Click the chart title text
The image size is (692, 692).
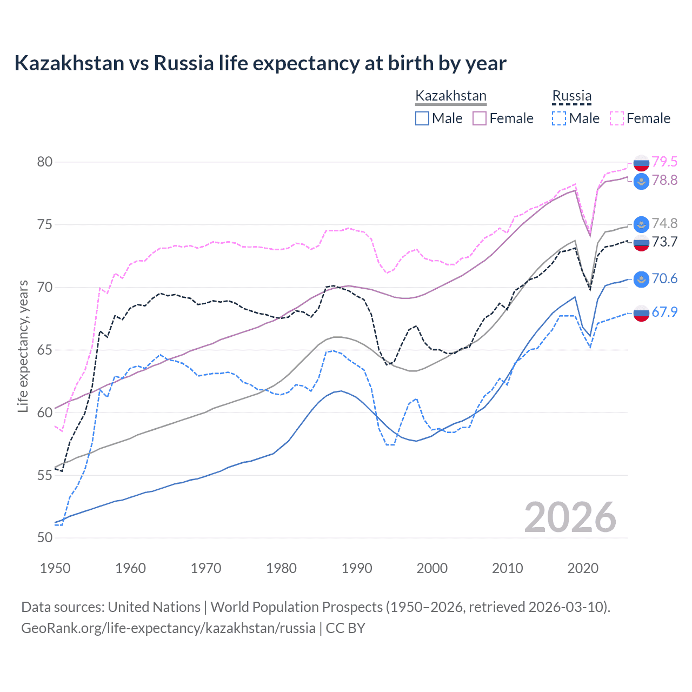[x=260, y=63]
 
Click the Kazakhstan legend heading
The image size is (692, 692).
[x=450, y=96]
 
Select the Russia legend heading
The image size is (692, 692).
[x=571, y=96]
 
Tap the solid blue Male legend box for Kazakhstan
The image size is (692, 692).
[x=422, y=118]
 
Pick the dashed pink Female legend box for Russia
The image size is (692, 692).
[x=617, y=118]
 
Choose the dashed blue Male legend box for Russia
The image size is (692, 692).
[x=559, y=118]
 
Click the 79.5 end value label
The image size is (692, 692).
[x=664, y=162]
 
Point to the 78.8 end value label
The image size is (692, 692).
[x=664, y=180]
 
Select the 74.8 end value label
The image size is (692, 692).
[x=664, y=223]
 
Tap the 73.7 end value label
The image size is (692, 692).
[x=664, y=242]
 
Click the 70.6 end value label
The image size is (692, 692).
[x=664, y=278]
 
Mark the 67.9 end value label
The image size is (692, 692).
[x=664, y=312]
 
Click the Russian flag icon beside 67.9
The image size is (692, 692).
[x=641, y=312]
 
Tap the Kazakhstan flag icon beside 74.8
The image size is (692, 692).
[x=641, y=224]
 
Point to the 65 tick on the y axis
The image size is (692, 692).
[x=45, y=350]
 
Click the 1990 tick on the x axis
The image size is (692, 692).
[x=357, y=568]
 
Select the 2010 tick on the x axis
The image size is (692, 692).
[x=507, y=568]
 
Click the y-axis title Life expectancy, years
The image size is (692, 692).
[x=23, y=346]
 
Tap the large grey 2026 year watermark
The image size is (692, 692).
[x=570, y=517]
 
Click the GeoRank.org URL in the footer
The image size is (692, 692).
[x=168, y=628]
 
